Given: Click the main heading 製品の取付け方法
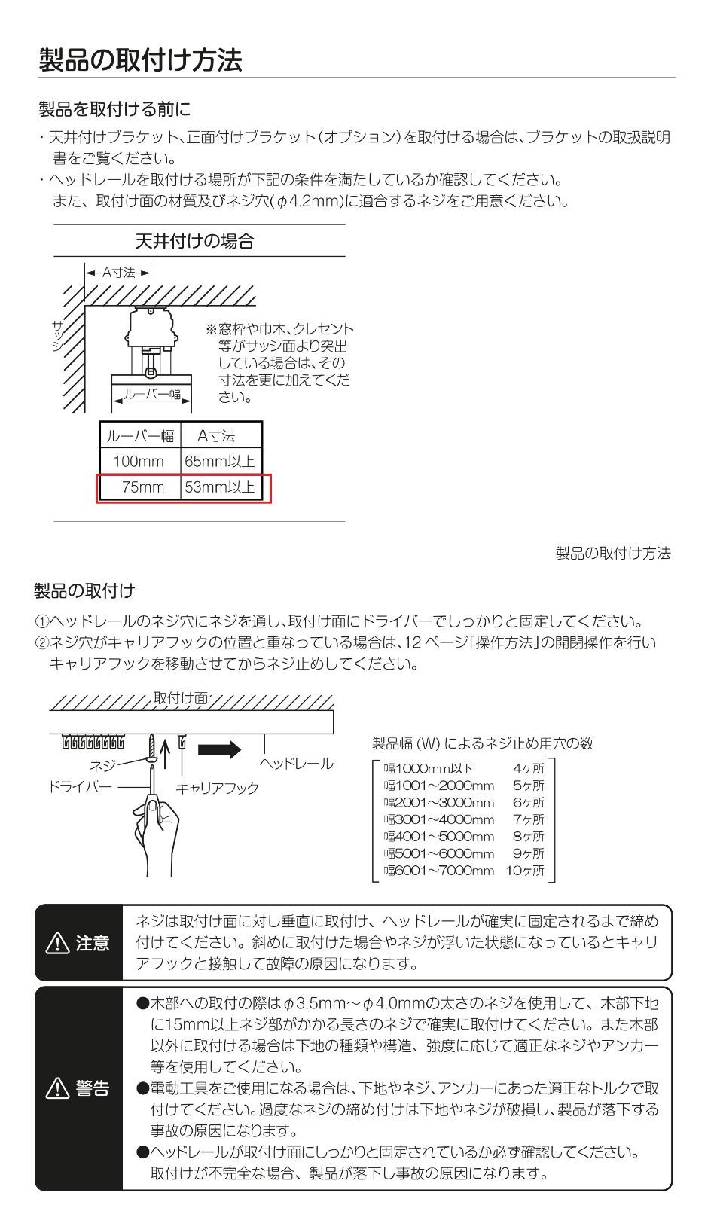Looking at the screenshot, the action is coord(140,59).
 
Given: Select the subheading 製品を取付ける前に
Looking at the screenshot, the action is coord(114,109).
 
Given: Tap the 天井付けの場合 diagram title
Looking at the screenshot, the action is coord(195,240).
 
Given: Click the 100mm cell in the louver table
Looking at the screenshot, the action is coord(139,461).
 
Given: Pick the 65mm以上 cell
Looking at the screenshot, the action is coord(219,461).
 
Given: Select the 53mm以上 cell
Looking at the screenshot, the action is coord(219,487).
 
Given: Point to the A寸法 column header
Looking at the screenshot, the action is coord(216,435).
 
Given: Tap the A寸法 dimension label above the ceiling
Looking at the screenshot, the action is coord(118,273).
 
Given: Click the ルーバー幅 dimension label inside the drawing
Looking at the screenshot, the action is coord(151,394).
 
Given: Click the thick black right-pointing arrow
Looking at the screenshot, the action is coord(219,749).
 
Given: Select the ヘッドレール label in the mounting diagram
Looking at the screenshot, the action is coord(297,764).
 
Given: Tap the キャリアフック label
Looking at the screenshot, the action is coord(218,788).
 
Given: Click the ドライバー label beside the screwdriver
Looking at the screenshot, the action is coord(80,786).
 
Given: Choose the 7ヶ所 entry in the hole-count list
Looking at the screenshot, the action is coord(529,819).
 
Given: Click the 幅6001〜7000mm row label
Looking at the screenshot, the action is coord(438,871).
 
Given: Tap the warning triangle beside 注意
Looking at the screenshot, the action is coord(57,943).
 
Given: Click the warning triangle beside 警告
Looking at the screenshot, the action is coord(57,1088).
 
